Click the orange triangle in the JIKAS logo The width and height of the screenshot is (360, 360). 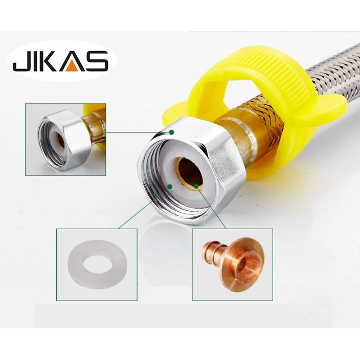pos(74,66)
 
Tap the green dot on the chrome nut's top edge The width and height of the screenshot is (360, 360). pos(171,132)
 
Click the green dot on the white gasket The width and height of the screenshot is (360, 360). pos(170,186)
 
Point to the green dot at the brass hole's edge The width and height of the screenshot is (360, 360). pos(196,186)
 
